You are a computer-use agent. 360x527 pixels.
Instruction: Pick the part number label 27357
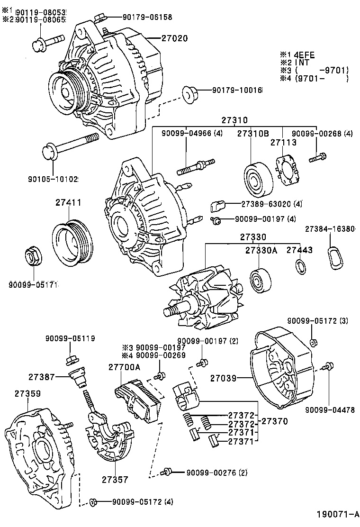114,479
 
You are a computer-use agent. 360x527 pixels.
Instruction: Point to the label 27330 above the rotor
252,236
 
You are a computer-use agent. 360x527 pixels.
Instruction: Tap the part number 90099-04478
330,410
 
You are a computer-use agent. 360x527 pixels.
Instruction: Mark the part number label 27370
275,420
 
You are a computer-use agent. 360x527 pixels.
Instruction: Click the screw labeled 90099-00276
167,472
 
